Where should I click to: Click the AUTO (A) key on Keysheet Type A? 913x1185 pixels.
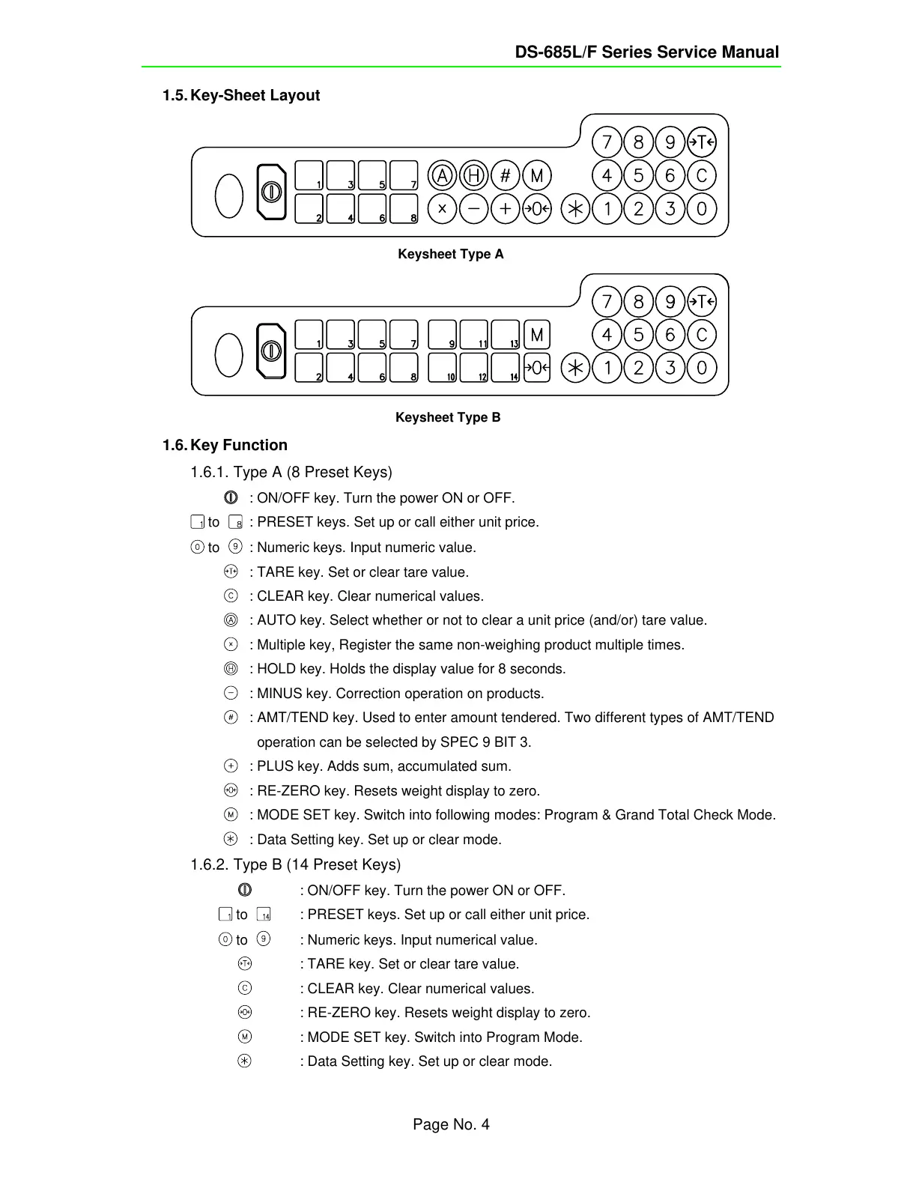point(442,176)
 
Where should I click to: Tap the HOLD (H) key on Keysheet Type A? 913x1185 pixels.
point(473,176)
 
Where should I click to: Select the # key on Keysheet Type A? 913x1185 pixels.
point(506,176)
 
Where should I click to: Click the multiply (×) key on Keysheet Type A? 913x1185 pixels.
point(442,209)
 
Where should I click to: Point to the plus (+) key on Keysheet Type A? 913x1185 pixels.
point(506,209)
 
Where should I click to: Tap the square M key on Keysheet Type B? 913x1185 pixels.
point(536,335)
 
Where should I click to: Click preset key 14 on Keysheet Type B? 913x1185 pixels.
point(506,368)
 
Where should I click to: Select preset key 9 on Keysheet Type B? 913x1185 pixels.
point(442,335)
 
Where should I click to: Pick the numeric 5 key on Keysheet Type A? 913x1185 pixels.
point(638,176)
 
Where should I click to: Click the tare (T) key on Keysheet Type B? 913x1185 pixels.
point(702,302)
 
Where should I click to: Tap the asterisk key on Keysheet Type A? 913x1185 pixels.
point(575,209)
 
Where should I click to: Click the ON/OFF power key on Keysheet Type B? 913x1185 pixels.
point(271,351)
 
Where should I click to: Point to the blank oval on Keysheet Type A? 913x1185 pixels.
point(229,196)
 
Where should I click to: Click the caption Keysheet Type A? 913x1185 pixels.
point(450,254)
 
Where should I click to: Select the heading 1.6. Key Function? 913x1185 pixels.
point(225,445)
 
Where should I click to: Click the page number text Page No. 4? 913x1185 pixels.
point(451,1124)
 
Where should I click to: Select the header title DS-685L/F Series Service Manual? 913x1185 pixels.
point(646,52)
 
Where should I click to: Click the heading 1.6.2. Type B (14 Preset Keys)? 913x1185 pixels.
point(295,864)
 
